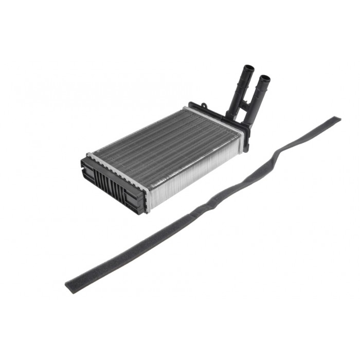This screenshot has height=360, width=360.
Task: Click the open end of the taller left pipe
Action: (x=249, y=68)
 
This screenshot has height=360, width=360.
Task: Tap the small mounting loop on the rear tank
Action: (x=204, y=106)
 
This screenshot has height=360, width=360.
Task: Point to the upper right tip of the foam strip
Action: (x=336, y=120)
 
